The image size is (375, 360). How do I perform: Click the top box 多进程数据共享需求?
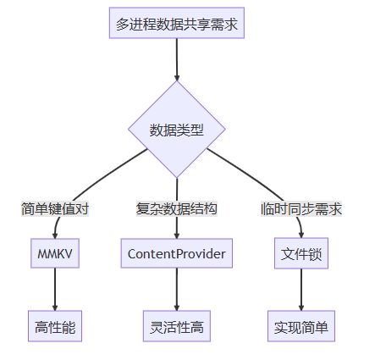[177, 23]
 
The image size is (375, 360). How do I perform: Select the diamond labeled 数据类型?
[177, 130]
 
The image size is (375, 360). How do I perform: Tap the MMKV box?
[55, 253]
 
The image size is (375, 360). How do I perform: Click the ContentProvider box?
[177, 253]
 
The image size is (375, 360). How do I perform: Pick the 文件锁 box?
[301, 253]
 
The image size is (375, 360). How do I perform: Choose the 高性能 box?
[55, 326]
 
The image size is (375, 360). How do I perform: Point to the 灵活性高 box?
[177, 326]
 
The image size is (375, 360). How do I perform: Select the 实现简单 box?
[301, 326]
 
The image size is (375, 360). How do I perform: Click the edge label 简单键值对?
[55, 209]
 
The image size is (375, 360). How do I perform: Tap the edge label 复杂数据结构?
[177, 209]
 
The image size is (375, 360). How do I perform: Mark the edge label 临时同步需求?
[301, 209]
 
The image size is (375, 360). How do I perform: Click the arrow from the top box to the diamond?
[177, 59]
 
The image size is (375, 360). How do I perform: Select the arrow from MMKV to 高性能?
[55, 290]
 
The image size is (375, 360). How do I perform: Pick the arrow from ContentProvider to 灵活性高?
[177, 290]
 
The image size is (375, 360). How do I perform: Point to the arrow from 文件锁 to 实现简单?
[301, 290]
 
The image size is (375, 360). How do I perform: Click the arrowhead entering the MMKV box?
[55, 235]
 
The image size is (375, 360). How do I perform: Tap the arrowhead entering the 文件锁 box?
[301, 235]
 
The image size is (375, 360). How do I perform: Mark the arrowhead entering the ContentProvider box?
[177, 235]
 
